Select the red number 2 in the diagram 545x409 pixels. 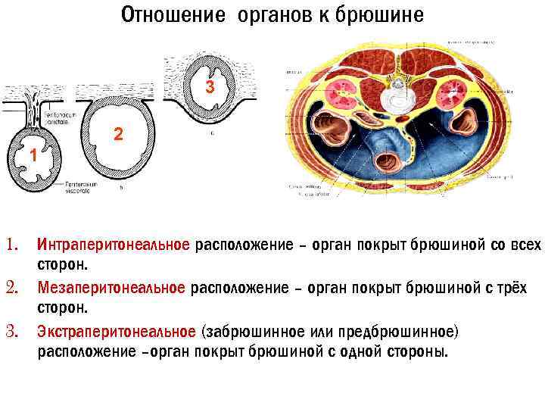click(118, 135)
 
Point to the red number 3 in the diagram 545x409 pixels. click(211, 88)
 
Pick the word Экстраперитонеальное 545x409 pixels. click(118, 332)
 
